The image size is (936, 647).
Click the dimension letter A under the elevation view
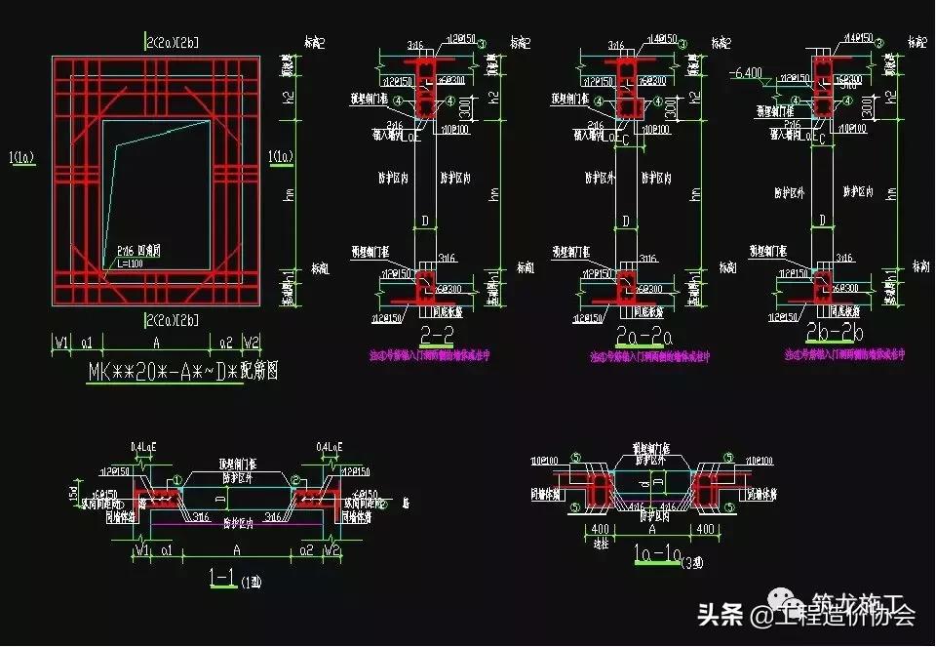click(x=158, y=343)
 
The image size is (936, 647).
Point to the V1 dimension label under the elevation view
click(x=62, y=343)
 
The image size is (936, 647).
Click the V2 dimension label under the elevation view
click(x=252, y=343)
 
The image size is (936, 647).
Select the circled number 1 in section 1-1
click(x=176, y=479)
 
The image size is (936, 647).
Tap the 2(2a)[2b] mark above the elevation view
click(x=172, y=42)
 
